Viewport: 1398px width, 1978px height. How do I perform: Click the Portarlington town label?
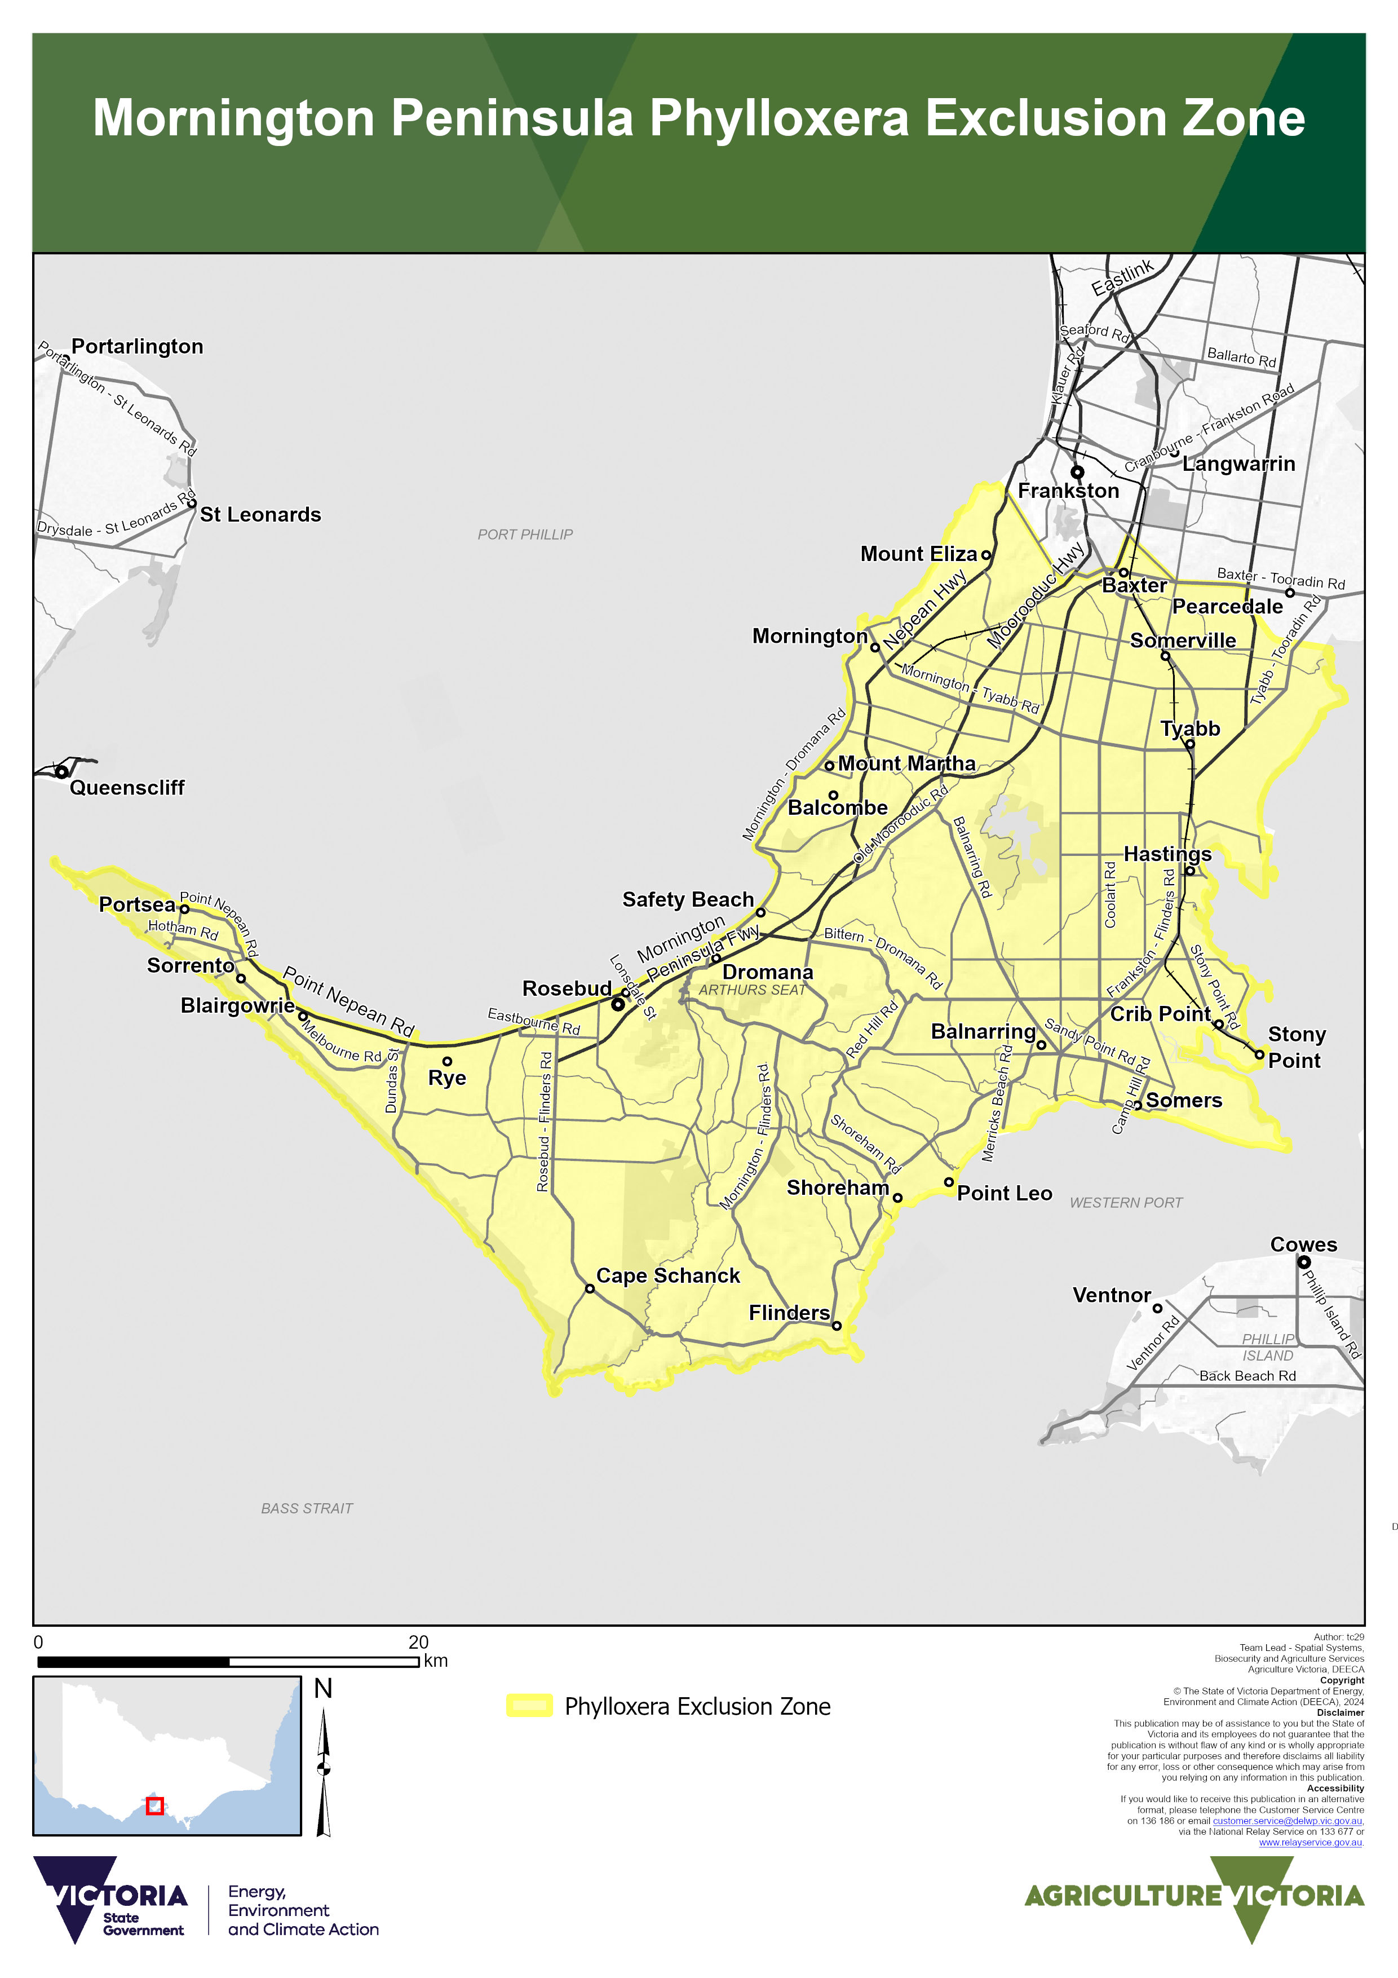pyautogui.click(x=137, y=346)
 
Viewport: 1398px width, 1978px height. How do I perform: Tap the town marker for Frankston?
pyautogui.click(x=1077, y=472)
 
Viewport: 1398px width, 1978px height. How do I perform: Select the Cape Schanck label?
pyautogui.click(x=667, y=1276)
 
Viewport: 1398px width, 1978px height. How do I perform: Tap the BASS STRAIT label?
pyautogui.click(x=307, y=1508)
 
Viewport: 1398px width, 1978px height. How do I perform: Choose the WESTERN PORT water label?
pyautogui.click(x=1126, y=1203)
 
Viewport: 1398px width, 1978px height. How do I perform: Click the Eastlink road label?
pyautogui.click(x=1122, y=277)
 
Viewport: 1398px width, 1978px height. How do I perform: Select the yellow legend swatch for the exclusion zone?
pyautogui.click(x=529, y=1706)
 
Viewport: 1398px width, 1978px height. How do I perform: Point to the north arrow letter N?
pyautogui.click(x=323, y=1689)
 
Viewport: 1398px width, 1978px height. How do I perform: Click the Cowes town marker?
pyautogui.click(x=1303, y=1262)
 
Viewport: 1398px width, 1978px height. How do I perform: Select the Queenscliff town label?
pyautogui.click(x=127, y=787)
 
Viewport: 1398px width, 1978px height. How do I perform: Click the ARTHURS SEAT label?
pyautogui.click(x=751, y=990)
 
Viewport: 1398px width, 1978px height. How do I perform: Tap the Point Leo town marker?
pyautogui.click(x=948, y=1182)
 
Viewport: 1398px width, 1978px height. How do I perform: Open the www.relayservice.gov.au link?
pyautogui.click(x=1310, y=1843)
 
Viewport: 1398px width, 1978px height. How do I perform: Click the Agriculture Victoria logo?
pyautogui.click(x=1194, y=1895)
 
